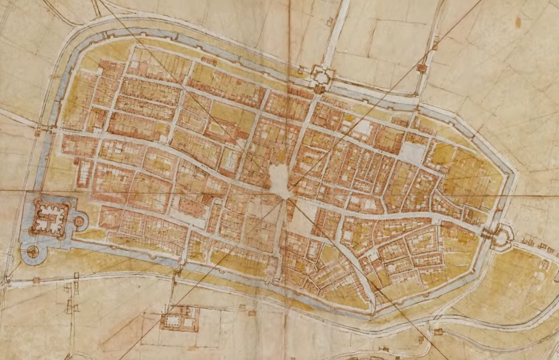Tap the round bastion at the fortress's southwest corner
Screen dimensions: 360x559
pos(33,252)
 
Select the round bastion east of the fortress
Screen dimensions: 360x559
pos(79,222)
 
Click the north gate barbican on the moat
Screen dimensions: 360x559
pos(321,78)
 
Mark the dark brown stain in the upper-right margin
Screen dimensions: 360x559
pos(518,22)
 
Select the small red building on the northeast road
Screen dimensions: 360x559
pos(422,68)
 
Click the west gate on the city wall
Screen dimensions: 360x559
pos(38,131)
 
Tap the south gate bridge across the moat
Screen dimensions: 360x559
pos(177,268)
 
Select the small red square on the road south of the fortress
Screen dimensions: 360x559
pos(36,280)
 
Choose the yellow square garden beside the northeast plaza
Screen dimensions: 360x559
pos(443,154)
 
